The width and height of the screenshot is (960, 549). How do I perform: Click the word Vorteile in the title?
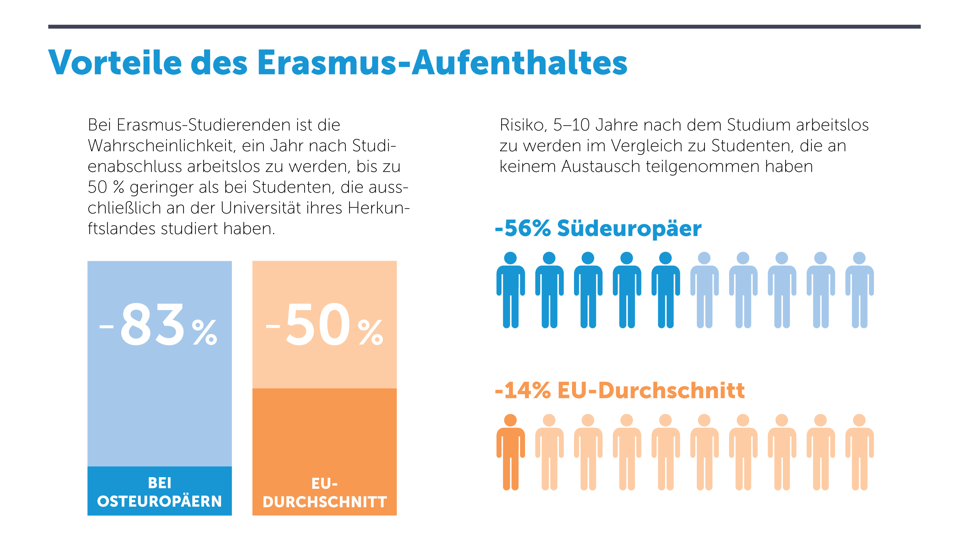click(x=115, y=63)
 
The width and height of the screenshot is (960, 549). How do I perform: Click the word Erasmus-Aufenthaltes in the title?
click(x=442, y=63)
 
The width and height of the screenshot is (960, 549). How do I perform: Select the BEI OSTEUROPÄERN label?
click(x=160, y=492)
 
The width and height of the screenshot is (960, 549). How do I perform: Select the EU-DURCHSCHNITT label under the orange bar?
click(x=324, y=493)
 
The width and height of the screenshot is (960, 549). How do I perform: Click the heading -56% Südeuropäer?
click(x=598, y=228)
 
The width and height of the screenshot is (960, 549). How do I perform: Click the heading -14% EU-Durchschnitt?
click(x=619, y=390)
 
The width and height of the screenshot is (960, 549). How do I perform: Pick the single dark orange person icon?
click(x=510, y=452)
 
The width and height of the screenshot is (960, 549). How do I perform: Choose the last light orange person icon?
click(x=859, y=452)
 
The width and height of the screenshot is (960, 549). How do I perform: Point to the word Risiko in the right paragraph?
click(x=523, y=125)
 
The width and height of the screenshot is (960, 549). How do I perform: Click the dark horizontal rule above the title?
click(x=484, y=27)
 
